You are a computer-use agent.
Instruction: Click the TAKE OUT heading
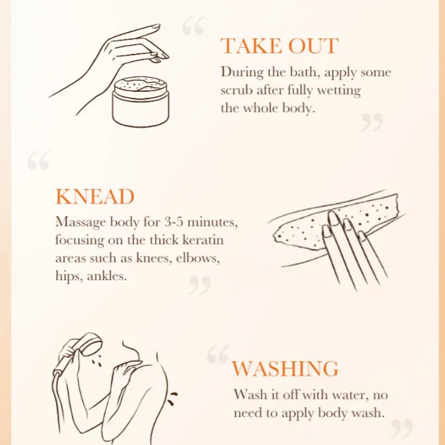tap(280, 46)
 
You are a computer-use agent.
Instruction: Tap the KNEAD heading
tap(95, 196)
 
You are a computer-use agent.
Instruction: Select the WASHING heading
tap(285, 369)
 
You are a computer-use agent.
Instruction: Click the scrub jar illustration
tap(141, 101)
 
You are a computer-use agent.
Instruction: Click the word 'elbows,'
tap(198, 258)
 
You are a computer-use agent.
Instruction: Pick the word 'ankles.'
tap(107, 276)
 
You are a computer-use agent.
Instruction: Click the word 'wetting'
tap(339, 91)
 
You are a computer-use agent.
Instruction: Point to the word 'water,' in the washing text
tap(350, 395)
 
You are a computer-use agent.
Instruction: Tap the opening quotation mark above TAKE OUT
tap(193, 26)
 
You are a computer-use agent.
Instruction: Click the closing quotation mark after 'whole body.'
tap(372, 122)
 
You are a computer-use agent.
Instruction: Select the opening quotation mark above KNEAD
tap(39, 160)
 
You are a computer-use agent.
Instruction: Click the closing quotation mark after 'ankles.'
tap(200, 285)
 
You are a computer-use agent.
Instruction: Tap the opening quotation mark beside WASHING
tap(218, 354)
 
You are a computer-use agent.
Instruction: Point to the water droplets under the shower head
tap(96, 359)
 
